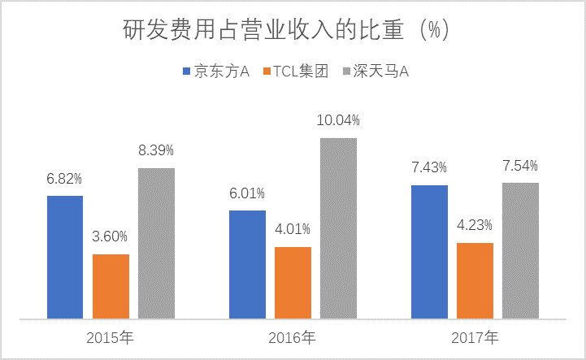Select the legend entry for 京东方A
215,72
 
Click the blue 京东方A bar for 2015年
65,257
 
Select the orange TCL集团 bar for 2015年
111,286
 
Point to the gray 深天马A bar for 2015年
156,243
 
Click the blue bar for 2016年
247,264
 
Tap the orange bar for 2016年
293,282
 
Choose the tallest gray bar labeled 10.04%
338,228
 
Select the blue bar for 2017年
429,251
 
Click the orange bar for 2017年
475,280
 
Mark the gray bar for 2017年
520,250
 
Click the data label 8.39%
156,150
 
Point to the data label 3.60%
111,236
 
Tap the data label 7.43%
429,167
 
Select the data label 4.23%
475,225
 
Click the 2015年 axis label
111,336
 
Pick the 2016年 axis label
293,336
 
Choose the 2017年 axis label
475,336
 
